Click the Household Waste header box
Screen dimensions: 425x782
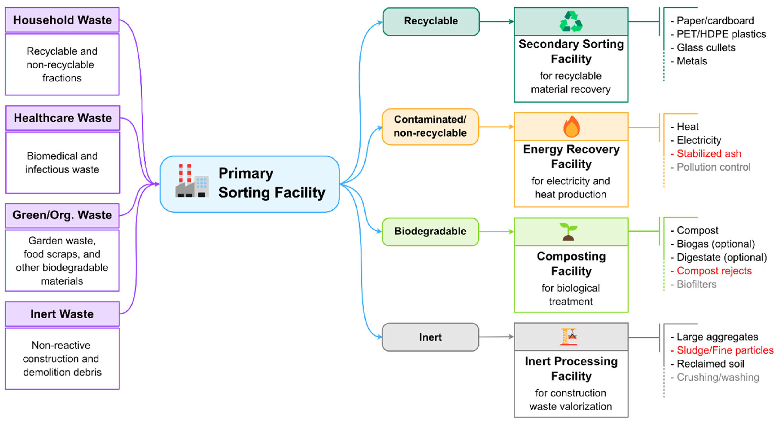(62, 20)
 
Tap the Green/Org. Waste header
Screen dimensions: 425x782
(62, 215)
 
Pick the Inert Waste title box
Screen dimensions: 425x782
(62, 314)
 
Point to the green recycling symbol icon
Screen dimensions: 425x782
(571, 21)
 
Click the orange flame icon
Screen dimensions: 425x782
(571, 127)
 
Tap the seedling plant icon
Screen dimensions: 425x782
(568, 232)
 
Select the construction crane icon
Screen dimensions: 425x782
(569, 337)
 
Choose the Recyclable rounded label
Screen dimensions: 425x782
(431, 21)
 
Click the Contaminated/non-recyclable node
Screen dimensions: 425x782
(430, 126)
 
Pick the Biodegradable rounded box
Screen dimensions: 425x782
(430, 232)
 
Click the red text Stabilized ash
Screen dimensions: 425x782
(709, 153)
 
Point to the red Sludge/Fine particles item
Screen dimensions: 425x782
(725, 350)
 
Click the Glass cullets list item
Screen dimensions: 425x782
(706, 48)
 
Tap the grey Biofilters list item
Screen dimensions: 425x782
(696, 284)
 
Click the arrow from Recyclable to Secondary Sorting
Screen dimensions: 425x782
(496, 21)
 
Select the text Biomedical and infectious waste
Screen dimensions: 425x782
(62, 163)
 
